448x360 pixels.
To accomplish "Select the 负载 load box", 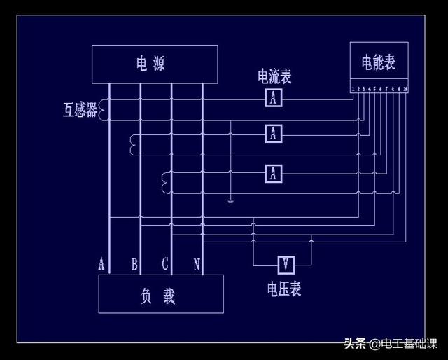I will [160, 294].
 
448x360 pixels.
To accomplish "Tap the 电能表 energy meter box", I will [379, 64].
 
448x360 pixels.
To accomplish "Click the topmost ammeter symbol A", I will [274, 99].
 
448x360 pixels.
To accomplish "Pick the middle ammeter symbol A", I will [274, 132].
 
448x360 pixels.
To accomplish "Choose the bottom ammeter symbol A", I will [274, 172].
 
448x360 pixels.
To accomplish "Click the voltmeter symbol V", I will [286, 265].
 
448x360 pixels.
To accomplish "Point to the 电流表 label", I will [274, 76].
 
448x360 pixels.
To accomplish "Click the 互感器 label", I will [80, 110].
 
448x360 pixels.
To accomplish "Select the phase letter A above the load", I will [101, 264].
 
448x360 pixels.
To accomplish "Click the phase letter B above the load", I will [134, 264].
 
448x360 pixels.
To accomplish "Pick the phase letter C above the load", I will [165, 264].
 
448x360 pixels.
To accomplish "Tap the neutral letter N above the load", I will [197, 264].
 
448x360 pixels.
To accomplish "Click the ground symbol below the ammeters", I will [230, 201].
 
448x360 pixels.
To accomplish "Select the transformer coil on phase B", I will [134, 144].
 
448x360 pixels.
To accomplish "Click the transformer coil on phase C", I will [166, 181].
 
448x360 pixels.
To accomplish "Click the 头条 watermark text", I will [355, 343].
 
